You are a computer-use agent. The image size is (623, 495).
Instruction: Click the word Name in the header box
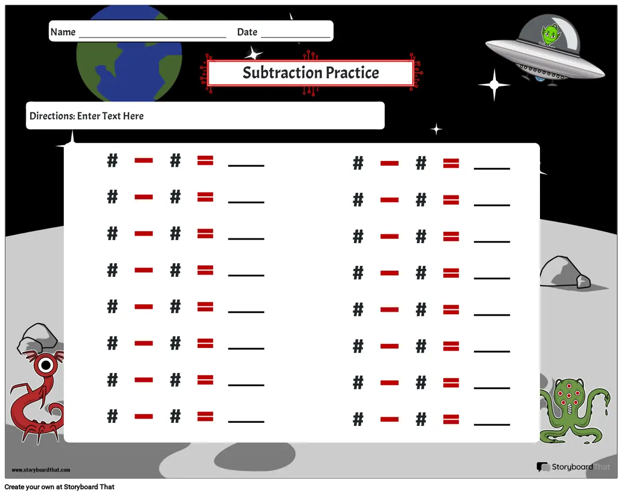click(x=63, y=32)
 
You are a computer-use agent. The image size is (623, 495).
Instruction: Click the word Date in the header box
click(x=247, y=32)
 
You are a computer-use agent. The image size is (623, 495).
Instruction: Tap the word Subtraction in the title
click(x=282, y=72)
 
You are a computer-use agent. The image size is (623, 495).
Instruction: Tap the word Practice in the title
click(x=353, y=72)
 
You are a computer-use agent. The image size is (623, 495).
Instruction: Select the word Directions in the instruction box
click(x=52, y=116)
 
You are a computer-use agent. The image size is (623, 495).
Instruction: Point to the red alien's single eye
click(x=46, y=365)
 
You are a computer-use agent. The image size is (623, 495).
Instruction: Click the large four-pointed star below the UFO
click(x=494, y=85)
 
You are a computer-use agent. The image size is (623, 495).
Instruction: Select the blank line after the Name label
click(x=153, y=37)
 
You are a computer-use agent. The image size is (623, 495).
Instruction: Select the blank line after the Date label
click(x=295, y=37)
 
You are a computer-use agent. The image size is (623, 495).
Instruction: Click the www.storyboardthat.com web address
click(x=41, y=470)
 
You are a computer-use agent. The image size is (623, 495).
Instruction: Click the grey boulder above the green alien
click(x=564, y=272)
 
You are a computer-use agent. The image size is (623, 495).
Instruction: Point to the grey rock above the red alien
click(x=37, y=338)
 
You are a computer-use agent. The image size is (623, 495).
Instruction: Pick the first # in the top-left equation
click(x=112, y=160)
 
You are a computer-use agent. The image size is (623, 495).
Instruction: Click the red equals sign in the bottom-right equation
click(x=451, y=419)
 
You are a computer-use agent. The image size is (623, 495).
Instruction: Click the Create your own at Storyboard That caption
click(x=59, y=487)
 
